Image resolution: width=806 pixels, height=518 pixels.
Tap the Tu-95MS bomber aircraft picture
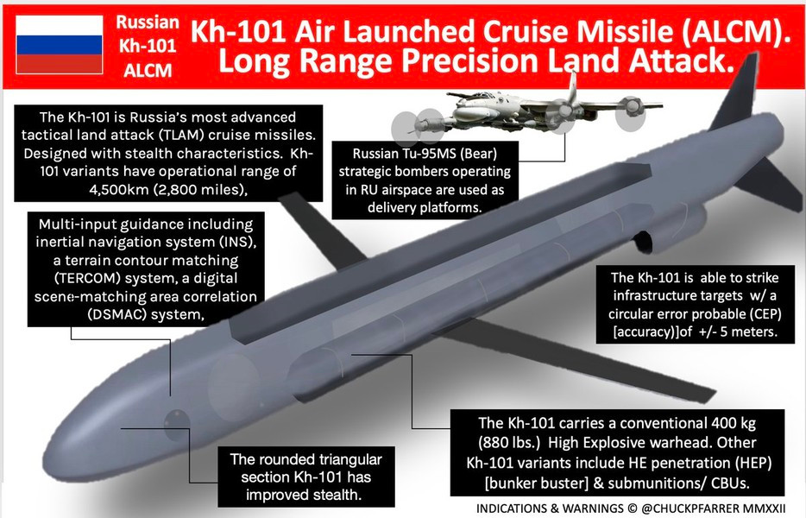coord(526,112)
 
